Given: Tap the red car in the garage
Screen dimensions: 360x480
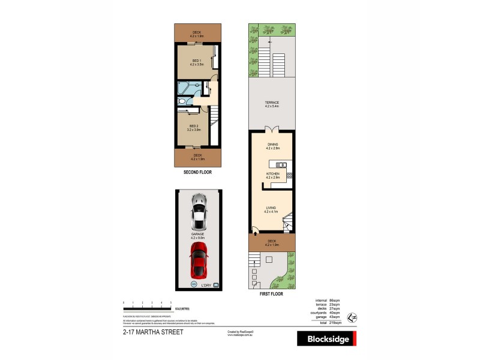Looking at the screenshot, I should tap(199, 260).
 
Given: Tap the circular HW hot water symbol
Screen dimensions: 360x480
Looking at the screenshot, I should tap(193, 284).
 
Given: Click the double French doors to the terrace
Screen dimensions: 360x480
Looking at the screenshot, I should tap(271, 130).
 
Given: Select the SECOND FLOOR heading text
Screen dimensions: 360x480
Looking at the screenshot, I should tap(197, 172).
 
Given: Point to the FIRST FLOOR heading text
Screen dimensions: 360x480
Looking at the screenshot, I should tap(271, 294).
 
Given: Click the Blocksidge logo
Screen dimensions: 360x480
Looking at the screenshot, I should tap(327, 339).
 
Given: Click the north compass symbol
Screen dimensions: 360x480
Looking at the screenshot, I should tap(353, 316).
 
